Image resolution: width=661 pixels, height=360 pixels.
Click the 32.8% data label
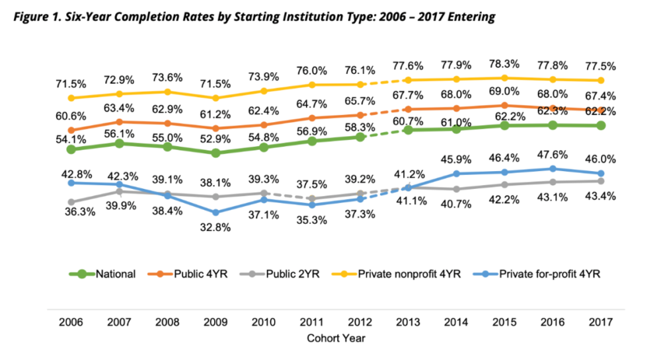(216, 229)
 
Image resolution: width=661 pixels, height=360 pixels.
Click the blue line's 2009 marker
(216, 213)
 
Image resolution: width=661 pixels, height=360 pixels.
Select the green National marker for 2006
(71, 150)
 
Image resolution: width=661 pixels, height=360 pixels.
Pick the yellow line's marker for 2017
(601, 81)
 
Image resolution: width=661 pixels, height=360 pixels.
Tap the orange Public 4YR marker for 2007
(119, 122)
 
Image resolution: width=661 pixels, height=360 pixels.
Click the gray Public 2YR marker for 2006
(71, 202)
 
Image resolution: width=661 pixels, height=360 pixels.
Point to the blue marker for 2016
(553, 169)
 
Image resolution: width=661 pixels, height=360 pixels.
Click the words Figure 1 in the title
(34, 17)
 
